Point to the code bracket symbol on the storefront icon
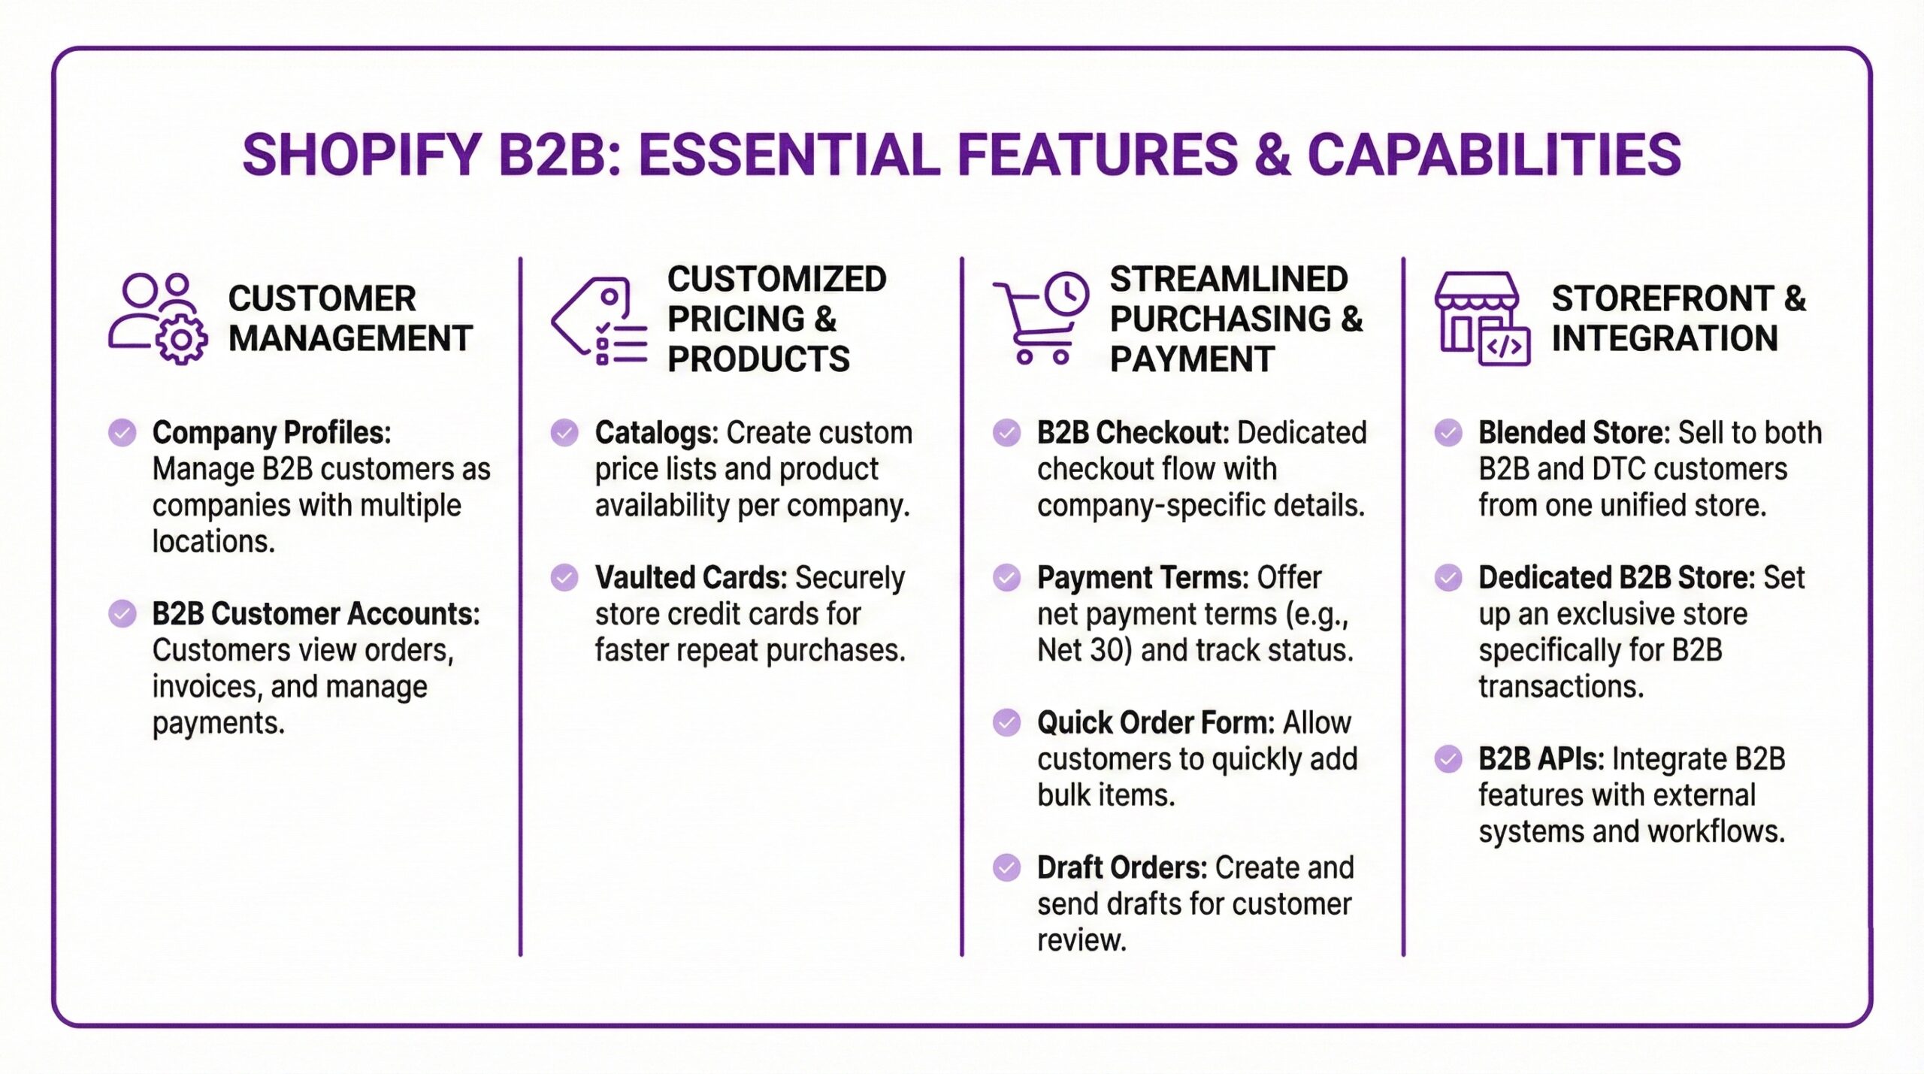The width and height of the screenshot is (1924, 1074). point(1504,346)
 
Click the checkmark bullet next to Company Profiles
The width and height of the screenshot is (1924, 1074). point(123,433)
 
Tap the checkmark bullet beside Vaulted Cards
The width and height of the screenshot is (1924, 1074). point(564,578)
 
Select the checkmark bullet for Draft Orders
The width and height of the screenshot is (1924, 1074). point(1006,868)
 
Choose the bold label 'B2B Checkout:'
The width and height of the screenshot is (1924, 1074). point(1133,433)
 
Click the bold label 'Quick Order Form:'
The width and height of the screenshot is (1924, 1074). point(1155,723)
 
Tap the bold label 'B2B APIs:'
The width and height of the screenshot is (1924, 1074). point(1541,759)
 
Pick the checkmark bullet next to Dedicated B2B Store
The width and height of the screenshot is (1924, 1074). point(1448,578)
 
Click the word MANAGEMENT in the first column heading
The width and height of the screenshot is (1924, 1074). point(350,339)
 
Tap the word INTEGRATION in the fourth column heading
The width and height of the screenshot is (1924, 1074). point(1665,339)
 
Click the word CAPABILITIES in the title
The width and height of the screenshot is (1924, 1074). point(1494,155)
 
